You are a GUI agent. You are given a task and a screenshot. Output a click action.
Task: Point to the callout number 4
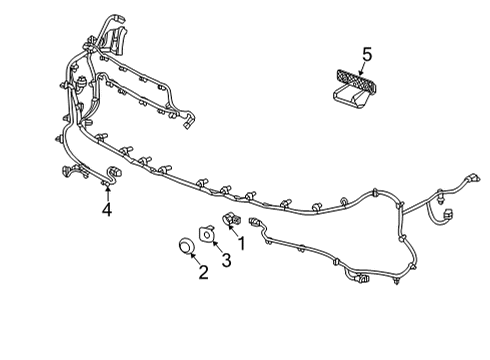tap(106, 210)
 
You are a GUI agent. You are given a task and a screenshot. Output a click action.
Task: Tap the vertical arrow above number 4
tap(106, 194)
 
